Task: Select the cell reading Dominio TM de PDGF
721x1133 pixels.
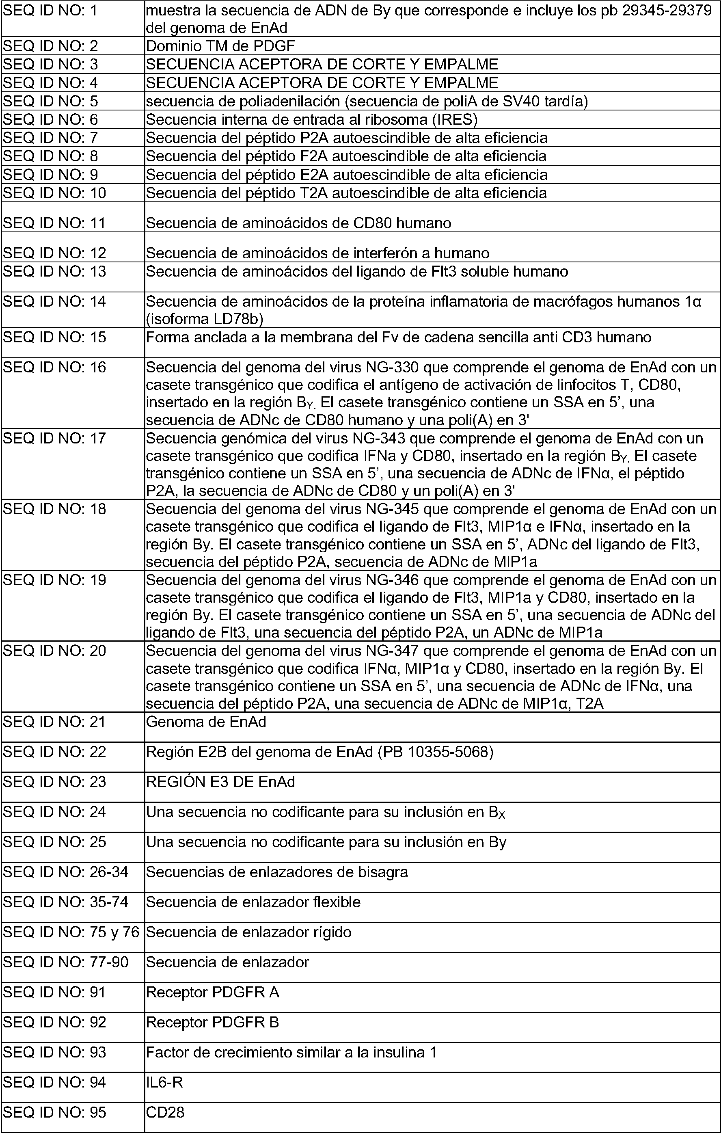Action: click(220, 46)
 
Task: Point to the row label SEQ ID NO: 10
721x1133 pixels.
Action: click(54, 193)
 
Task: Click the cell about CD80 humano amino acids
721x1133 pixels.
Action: click(298, 223)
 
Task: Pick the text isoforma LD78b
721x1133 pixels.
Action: click(205, 320)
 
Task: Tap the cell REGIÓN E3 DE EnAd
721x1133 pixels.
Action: click(220, 782)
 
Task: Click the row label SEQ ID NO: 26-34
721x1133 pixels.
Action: click(65, 872)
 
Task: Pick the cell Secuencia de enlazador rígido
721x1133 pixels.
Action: click(248, 932)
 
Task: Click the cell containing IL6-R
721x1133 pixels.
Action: click(164, 1083)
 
